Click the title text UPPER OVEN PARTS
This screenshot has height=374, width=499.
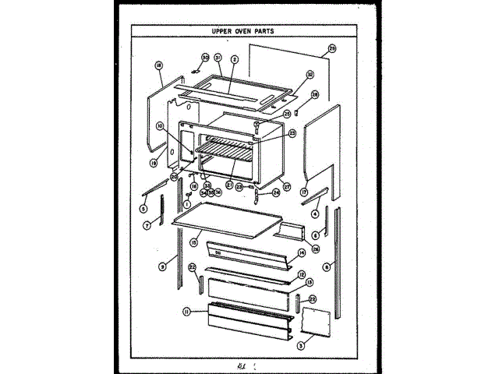click(249, 32)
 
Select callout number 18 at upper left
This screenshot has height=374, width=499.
click(158, 65)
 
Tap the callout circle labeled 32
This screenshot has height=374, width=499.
click(310, 76)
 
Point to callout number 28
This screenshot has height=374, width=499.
click(315, 94)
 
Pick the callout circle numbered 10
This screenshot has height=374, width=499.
click(159, 125)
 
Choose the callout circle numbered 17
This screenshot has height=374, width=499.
click(304, 192)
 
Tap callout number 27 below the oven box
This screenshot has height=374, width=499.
click(287, 187)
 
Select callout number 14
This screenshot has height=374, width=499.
click(302, 252)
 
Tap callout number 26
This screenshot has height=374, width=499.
click(316, 249)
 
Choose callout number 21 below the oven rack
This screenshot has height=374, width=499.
click(230, 185)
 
